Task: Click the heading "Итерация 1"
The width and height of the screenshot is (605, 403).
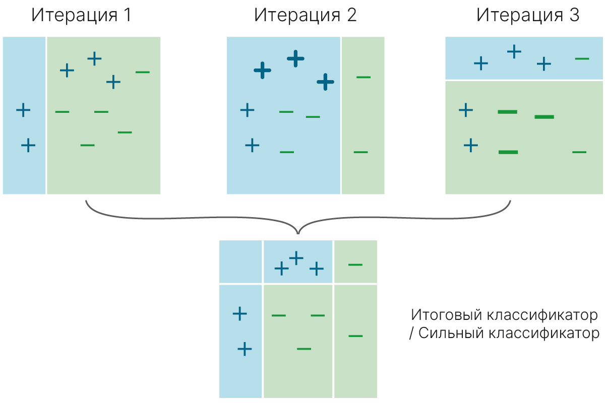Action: (81, 15)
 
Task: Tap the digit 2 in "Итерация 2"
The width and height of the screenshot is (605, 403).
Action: (351, 15)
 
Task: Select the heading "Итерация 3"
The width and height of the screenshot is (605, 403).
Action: (528, 15)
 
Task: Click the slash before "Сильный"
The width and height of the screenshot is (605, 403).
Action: (411, 334)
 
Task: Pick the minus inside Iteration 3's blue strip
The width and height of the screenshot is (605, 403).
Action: (582, 59)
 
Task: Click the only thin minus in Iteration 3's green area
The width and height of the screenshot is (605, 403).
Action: (579, 152)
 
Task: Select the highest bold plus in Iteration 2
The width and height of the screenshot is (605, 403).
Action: (296, 59)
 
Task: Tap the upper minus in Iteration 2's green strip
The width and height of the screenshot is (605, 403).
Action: (363, 77)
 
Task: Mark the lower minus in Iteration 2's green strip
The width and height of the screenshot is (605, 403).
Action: (360, 152)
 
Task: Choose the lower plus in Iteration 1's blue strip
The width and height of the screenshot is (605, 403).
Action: (28, 146)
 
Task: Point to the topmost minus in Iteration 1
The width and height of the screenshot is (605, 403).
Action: (143, 72)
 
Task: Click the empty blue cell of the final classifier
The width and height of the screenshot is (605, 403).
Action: (240, 262)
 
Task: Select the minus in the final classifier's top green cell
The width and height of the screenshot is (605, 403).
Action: (355, 264)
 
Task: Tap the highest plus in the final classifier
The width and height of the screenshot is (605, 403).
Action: (296, 257)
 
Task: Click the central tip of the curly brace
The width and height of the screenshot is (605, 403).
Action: (298, 232)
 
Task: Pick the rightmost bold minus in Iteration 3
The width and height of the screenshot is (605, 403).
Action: (544, 117)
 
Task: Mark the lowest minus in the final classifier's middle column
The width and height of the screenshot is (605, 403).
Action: (304, 349)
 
